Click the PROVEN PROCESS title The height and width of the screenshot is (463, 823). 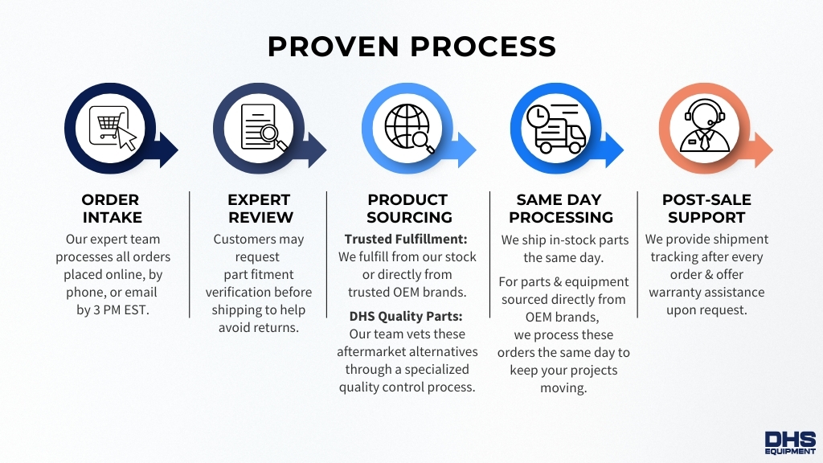[411, 47]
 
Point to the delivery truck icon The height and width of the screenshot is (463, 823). [556, 129]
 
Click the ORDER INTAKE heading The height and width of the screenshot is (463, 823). [111, 208]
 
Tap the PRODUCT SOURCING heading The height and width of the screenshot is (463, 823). [408, 208]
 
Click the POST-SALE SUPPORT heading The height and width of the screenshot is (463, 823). [706, 208]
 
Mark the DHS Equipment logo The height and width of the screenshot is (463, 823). [789, 443]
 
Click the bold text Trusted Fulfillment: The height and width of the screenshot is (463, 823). [406, 240]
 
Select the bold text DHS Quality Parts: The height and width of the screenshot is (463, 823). [407, 316]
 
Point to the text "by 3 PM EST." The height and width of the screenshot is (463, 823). [113, 310]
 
